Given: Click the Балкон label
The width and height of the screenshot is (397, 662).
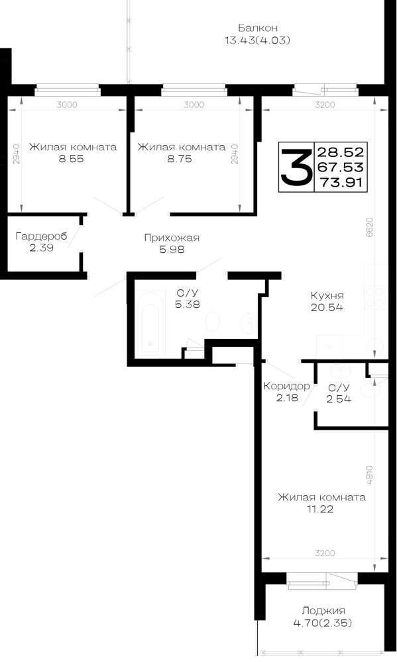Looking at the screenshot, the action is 257,28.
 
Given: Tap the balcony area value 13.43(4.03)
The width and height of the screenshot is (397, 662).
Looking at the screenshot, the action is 257,40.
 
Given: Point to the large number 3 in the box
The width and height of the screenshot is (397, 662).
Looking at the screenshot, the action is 296,167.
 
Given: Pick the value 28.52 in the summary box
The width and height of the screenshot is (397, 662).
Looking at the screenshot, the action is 341,152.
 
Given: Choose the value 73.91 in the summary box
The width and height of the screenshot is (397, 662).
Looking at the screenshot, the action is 341,183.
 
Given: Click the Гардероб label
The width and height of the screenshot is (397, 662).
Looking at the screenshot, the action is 42,236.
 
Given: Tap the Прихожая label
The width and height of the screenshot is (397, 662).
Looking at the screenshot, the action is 172,238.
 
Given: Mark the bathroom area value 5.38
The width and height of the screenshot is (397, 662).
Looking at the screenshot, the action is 188,304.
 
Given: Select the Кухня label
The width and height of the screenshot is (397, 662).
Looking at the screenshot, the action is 327,295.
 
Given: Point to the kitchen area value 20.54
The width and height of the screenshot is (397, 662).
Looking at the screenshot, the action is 327,307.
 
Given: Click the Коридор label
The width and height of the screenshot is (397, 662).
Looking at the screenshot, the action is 287,386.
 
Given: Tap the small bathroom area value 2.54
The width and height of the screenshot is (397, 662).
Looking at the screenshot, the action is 339,399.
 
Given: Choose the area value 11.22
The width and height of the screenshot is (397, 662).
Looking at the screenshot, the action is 320,508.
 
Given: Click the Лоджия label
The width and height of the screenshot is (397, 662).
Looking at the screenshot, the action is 323,610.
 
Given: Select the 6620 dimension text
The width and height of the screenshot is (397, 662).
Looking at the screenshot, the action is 370,228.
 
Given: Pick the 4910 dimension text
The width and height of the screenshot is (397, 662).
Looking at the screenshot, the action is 369,476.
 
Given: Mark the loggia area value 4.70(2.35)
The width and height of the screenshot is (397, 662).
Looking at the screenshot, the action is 323,623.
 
